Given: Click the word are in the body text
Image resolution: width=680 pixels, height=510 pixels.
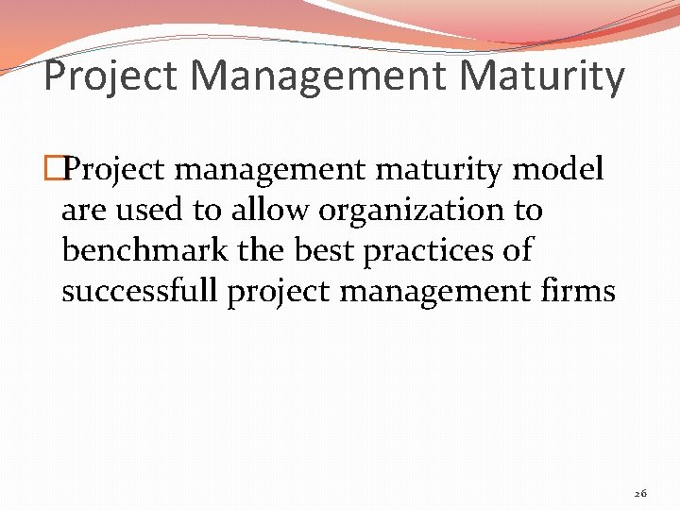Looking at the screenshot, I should [81, 210].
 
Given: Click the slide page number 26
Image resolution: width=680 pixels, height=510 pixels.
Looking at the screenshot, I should [640, 493].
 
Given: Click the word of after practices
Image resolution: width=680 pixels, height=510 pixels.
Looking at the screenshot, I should [518, 250].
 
